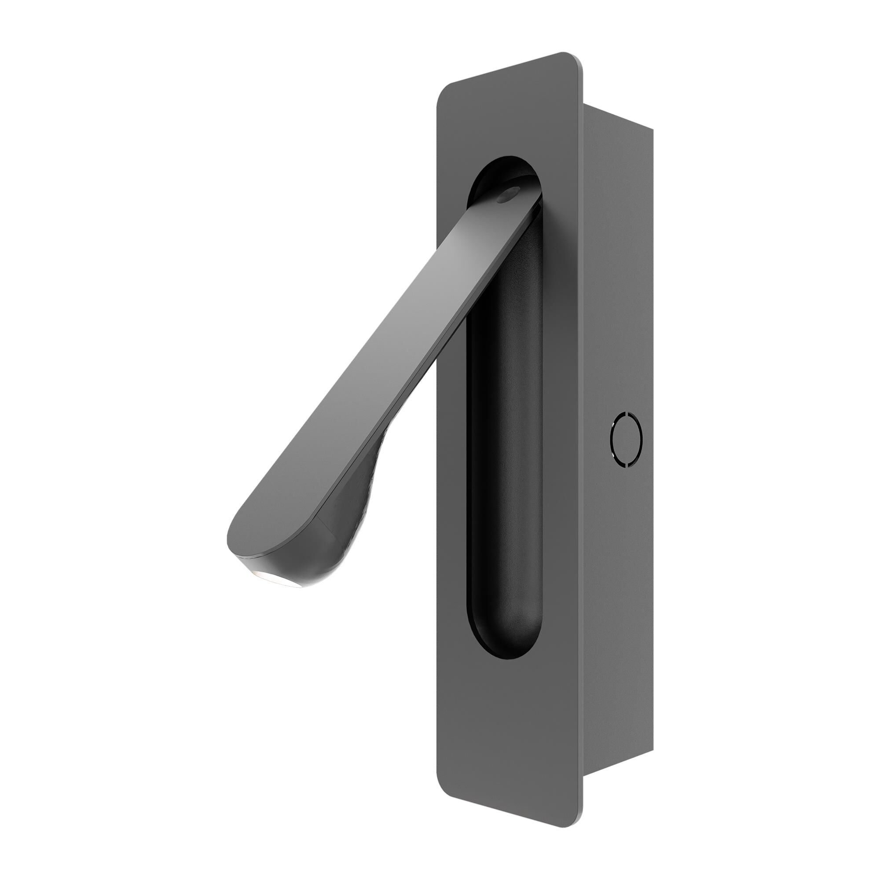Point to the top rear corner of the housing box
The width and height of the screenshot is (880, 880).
(652, 130)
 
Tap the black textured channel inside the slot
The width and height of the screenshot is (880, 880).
(506, 455)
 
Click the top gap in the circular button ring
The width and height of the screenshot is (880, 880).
(627, 414)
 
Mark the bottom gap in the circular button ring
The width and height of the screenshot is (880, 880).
(627, 465)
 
